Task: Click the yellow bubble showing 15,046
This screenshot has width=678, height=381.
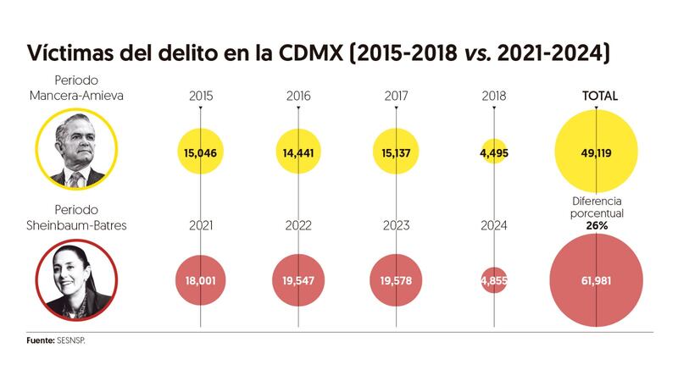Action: pyautogui.click(x=200, y=152)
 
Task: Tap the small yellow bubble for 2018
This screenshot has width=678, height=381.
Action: pyautogui.click(x=495, y=152)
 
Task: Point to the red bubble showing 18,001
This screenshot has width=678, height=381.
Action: pyautogui.click(x=200, y=281)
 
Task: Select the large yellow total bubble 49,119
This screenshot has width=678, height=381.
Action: pyautogui.click(x=597, y=152)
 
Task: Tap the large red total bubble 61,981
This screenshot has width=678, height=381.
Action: pyautogui.click(x=597, y=281)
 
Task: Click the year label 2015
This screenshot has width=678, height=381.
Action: pyautogui.click(x=200, y=97)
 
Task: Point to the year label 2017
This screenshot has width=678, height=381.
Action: pyautogui.click(x=397, y=97)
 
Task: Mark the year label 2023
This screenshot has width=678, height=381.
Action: pyautogui.click(x=397, y=225)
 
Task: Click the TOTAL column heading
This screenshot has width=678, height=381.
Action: pyautogui.click(x=598, y=97)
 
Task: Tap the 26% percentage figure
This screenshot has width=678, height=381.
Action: pyautogui.click(x=597, y=226)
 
